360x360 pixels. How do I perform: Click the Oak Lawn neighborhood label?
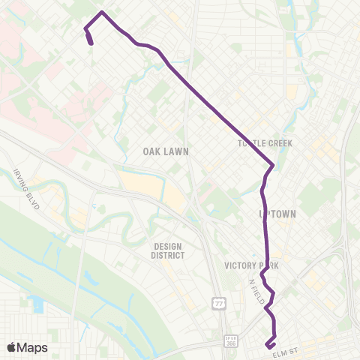(x=166, y=151)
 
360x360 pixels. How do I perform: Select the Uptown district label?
(x=277, y=214)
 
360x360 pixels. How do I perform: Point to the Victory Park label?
(x=251, y=265)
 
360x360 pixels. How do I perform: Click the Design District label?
(x=169, y=250)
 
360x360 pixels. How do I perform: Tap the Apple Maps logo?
(x=28, y=347)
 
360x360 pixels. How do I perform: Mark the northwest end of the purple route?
(x=91, y=43)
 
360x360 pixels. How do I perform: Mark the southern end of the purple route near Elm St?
(x=267, y=345)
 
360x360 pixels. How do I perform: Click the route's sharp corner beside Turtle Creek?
(x=274, y=165)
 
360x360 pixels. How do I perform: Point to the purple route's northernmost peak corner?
(x=103, y=13)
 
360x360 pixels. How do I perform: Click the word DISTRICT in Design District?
(x=169, y=255)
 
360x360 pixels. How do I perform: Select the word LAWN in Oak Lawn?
(x=178, y=151)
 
